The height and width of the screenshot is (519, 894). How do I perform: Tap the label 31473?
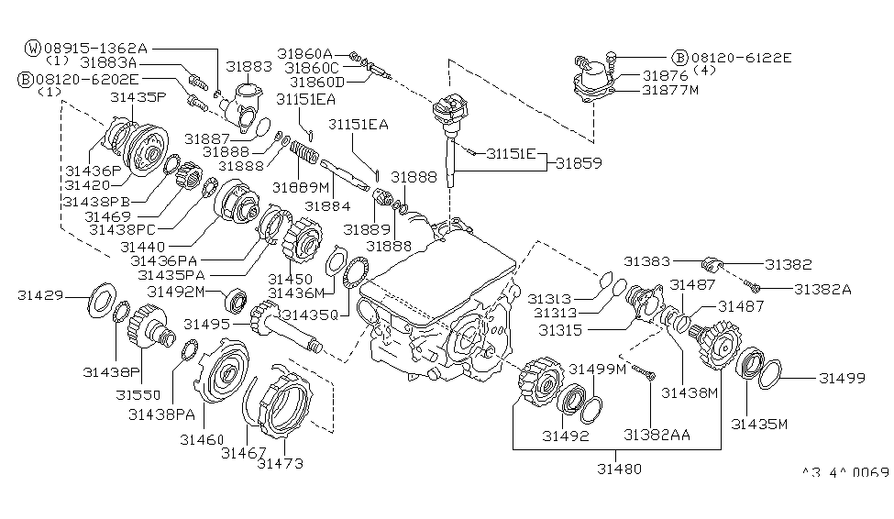(x=281, y=463)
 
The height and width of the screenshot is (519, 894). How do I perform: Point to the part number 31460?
(x=202, y=440)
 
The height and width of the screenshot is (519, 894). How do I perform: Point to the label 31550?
(x=138, y=394)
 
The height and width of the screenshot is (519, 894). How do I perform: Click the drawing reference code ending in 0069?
(x=844, y=473)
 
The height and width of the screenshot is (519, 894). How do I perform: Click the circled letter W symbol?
(x=33, y=46)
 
